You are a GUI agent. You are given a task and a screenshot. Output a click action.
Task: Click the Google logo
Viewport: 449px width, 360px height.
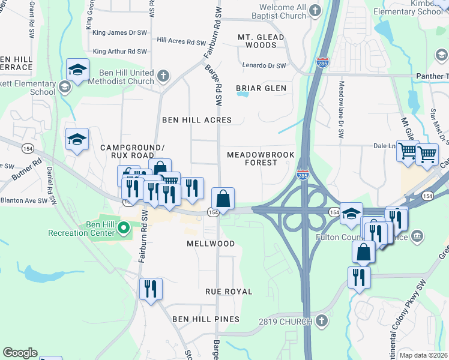tap(20, 353)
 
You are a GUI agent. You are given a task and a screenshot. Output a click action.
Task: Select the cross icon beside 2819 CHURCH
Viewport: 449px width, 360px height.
tap(322, 321)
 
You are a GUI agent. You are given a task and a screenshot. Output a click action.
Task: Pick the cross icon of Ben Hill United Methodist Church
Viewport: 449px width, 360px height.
tap(163, 77)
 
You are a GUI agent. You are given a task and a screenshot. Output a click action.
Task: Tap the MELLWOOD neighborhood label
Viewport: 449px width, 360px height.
tap(210, 244)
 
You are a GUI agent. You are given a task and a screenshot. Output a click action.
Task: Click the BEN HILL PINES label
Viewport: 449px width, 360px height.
tap(206, 319)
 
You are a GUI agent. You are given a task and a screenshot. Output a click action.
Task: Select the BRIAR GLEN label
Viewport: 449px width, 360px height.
tap(261, 88)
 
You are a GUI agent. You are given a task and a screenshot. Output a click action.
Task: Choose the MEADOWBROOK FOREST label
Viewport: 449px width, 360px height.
tap(261, 158)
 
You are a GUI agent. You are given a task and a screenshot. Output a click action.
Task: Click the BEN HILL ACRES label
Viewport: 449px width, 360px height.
tap(197, 120)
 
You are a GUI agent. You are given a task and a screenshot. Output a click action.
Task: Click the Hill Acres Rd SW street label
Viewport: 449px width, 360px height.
tap(181, 41)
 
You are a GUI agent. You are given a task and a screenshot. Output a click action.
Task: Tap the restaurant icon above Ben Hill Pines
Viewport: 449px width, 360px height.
tap(151, 289)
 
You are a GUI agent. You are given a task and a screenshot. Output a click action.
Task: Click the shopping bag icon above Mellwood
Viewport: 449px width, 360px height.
tap(223, 198)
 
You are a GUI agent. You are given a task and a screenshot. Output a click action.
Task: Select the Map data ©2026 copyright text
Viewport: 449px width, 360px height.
tap(423, 355)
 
